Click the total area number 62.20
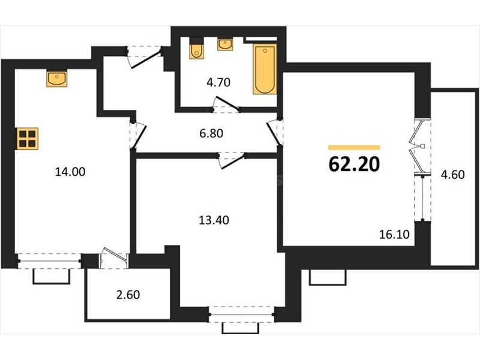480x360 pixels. [354, 164]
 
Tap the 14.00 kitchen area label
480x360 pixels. [70, 172]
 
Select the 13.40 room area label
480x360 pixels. [214, 220]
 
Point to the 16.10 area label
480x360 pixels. [394, 235]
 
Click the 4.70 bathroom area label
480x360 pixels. [218, 82]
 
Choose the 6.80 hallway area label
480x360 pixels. [211, 133]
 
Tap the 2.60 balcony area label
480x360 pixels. [128, 295]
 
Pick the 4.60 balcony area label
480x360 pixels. [453, 175]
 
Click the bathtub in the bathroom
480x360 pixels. [265, 69]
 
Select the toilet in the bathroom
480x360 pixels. [196, 48]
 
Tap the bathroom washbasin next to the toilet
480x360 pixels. [225, 44]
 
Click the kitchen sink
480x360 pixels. [57, 79]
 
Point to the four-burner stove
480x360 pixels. [28, 139]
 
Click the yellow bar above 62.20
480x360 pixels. [354, 148]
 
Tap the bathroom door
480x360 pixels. [227, 104]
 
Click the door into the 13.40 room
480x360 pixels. [232, 160]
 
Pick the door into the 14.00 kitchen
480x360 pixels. [138, 136]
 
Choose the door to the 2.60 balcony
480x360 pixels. [114, 258]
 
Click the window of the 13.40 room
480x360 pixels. [241, 314]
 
